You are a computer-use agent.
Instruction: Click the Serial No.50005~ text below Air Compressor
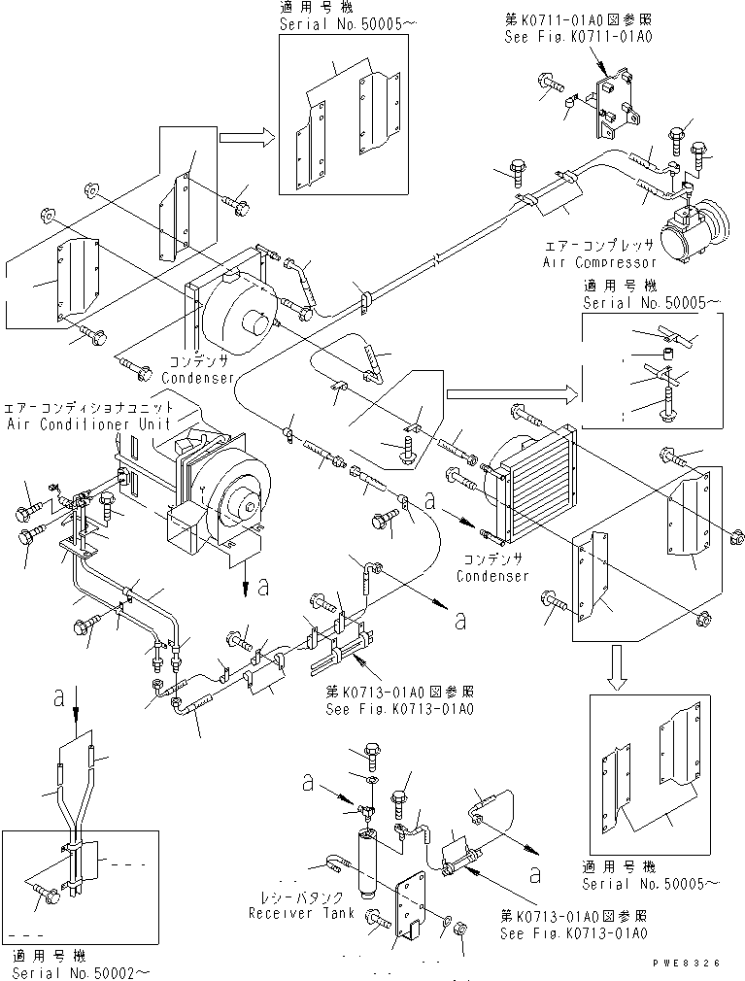651,303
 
